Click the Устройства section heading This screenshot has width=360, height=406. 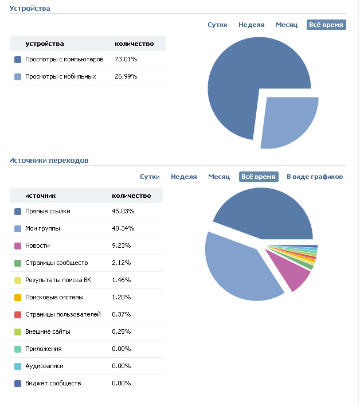click(30, 9)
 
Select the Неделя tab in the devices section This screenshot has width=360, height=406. click(252, 25)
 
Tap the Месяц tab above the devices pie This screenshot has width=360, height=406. click(287, 25)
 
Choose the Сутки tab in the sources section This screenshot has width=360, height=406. click(150, 177)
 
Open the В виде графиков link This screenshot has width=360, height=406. click(315, 177)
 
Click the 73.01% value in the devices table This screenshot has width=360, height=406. click(126, 59)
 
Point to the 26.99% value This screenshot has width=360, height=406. click(126, 76)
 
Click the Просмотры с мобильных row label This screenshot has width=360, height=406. click(60, 76)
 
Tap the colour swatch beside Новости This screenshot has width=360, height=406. click(18, 246)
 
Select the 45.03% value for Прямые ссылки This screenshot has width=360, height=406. click(123, 211)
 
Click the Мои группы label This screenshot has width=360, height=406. click(42, 228)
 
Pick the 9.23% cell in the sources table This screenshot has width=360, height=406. click(122, 245)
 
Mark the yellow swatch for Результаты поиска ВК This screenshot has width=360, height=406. click(18, 280)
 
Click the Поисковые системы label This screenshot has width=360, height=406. click(54, 297)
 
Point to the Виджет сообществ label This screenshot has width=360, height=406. click(53, 383)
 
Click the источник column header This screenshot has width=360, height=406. click(40, 196)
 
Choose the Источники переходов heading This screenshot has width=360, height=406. click(49, 161)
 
